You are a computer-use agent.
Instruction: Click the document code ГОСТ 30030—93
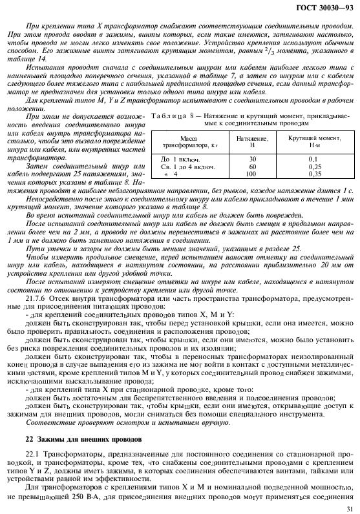(x=324, y=8)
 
